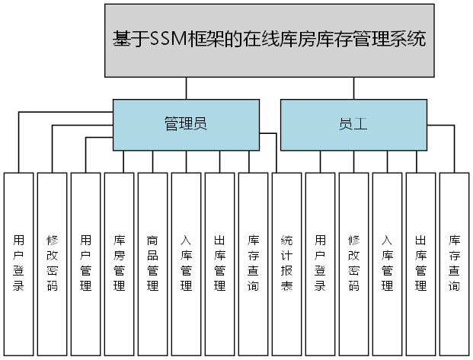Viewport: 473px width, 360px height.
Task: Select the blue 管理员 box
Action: click(185, 125)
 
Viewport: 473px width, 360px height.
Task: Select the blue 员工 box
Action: click(353, 125)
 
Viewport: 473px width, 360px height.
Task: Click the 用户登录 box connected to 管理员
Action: click(18, 264)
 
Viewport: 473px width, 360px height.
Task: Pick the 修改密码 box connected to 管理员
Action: click(52, 264)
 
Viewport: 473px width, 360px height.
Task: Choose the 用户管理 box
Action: click(85, 264)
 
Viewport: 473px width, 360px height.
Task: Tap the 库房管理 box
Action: click(119, 264)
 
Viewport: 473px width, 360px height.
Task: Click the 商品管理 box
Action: click(152, 264)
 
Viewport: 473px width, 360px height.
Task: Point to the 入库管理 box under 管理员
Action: click(186, 264)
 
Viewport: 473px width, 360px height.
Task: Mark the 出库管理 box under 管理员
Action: click(219, 264)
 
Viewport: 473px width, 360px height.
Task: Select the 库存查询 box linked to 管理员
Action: click(253, 264)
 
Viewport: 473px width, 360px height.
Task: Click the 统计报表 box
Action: click(286, 264)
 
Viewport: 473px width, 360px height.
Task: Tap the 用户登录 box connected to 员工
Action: click(320, 264)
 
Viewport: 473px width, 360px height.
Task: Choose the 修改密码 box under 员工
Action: click(353, 264)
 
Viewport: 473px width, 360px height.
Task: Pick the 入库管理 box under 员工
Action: click(387, 264)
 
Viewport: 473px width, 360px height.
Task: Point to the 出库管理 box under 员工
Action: click(420, 264)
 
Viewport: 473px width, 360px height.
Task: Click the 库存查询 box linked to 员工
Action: click(454, 264)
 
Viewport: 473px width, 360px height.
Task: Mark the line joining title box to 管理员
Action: click(185, 88)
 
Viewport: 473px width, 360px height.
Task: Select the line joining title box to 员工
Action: click(353, 88)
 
